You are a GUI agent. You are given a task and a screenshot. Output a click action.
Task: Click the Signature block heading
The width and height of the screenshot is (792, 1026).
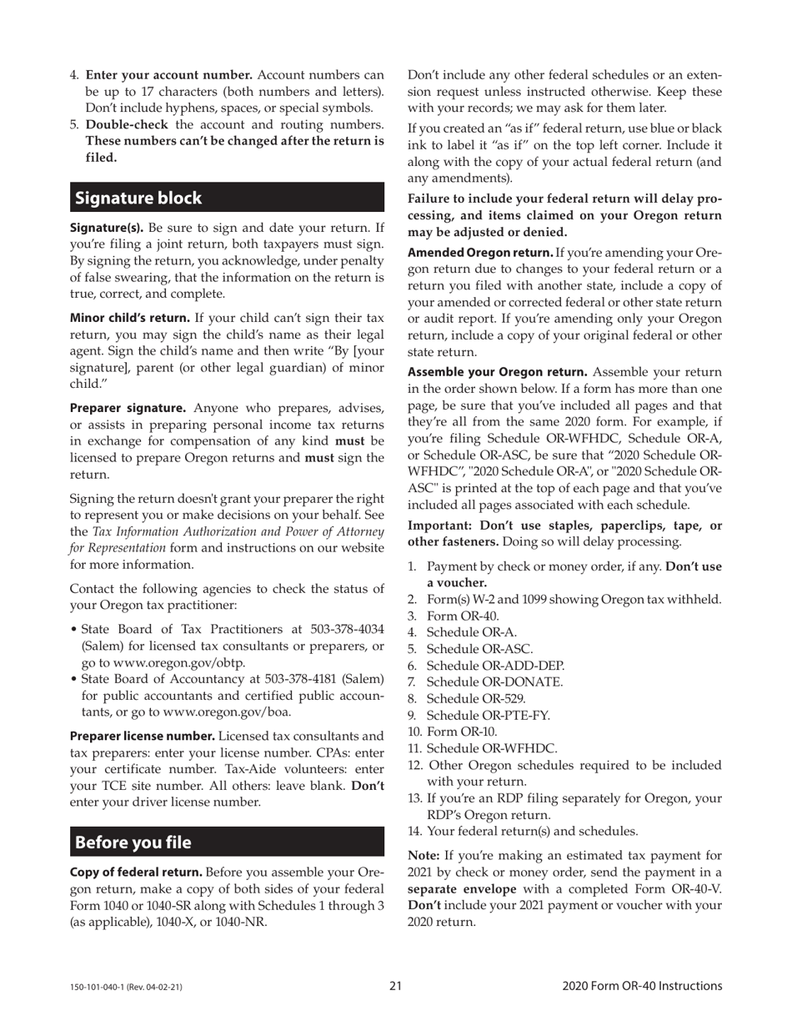coord(138,199)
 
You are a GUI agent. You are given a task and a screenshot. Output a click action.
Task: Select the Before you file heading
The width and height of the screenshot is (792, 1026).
coord(133,842)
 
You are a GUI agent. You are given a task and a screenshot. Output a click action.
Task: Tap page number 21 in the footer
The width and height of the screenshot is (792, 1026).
coord(395,986)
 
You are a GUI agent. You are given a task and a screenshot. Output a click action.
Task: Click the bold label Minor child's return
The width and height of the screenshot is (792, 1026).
coord(130,317)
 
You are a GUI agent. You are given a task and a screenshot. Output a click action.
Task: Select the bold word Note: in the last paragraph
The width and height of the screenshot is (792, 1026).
coord(424,855)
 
